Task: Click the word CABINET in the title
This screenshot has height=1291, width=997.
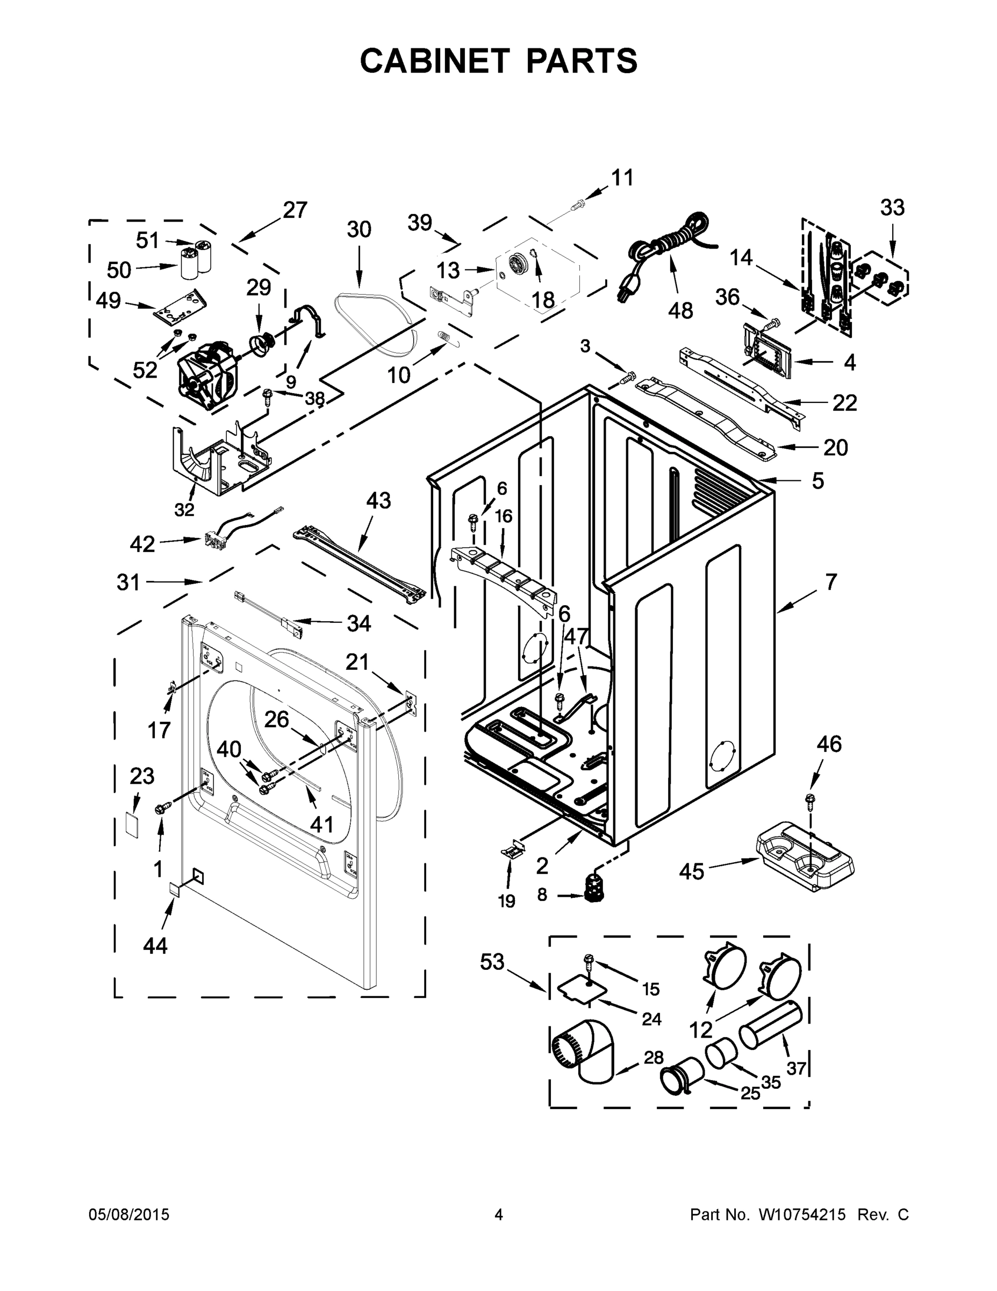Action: [434, 61]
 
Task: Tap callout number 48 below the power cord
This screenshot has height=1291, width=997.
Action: [680, 310]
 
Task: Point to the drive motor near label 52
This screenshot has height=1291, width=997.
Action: [207, 375]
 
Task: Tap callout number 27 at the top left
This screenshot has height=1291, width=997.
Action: [295, 210]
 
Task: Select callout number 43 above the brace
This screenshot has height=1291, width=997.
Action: [378, 501]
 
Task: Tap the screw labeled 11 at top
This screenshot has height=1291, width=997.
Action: [577, 205]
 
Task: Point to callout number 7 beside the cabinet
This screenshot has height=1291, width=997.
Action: [830, 582]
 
